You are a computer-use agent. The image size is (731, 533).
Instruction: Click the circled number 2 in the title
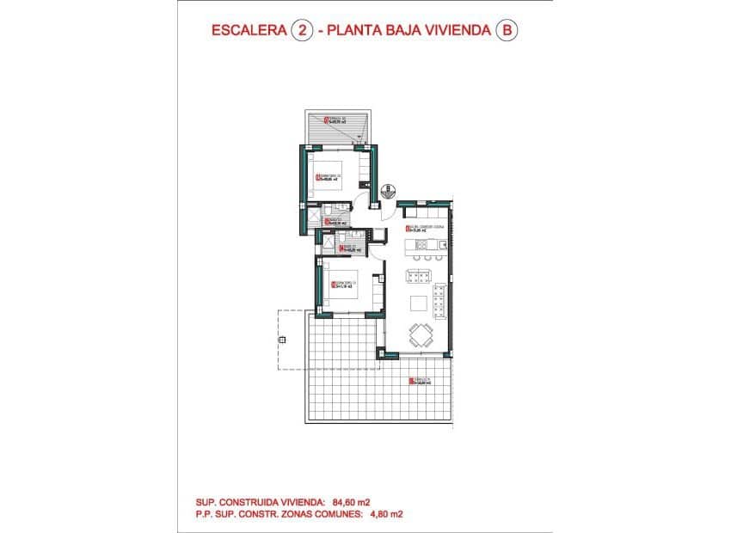[x=301, y=30]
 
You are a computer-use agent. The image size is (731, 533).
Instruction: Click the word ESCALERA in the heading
[x=249, y=30]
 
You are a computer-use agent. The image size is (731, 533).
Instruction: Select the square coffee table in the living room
[x=418, y=303]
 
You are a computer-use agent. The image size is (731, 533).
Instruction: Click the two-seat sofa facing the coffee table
[x=418, y=276]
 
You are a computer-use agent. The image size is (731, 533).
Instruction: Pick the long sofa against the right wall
[x=439, y=300]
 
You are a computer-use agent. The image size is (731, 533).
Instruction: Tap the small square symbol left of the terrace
[x=281, y=341]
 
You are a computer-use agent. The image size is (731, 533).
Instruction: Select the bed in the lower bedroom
[x=343, y=285]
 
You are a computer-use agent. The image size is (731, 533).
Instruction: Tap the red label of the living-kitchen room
[x=419, y=229]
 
